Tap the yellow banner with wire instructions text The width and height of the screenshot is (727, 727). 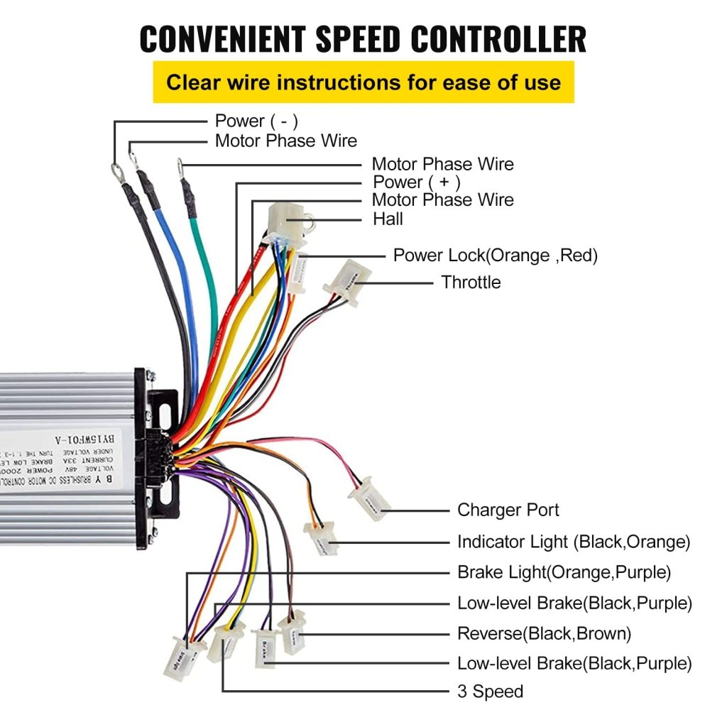(x=363, y=82)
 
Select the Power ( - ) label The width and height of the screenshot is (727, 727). (x=256, y=121)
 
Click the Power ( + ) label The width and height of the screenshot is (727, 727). (x=417, y=182)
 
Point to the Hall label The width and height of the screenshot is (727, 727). (x=388, y=219)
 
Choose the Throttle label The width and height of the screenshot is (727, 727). (x=471, y=282)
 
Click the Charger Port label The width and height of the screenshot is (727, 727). (x=508, y=510)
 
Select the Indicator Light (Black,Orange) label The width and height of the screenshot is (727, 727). (x=573, y=542)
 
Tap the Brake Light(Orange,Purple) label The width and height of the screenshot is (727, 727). (x=564, y=572)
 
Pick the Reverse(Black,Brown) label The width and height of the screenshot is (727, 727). (x=544, y=633)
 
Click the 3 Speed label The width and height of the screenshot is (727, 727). (x=490, y=691)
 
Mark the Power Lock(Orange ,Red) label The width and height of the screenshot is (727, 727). (x=495, y=256)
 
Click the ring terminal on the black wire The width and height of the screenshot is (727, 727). (x=114, y=169)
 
